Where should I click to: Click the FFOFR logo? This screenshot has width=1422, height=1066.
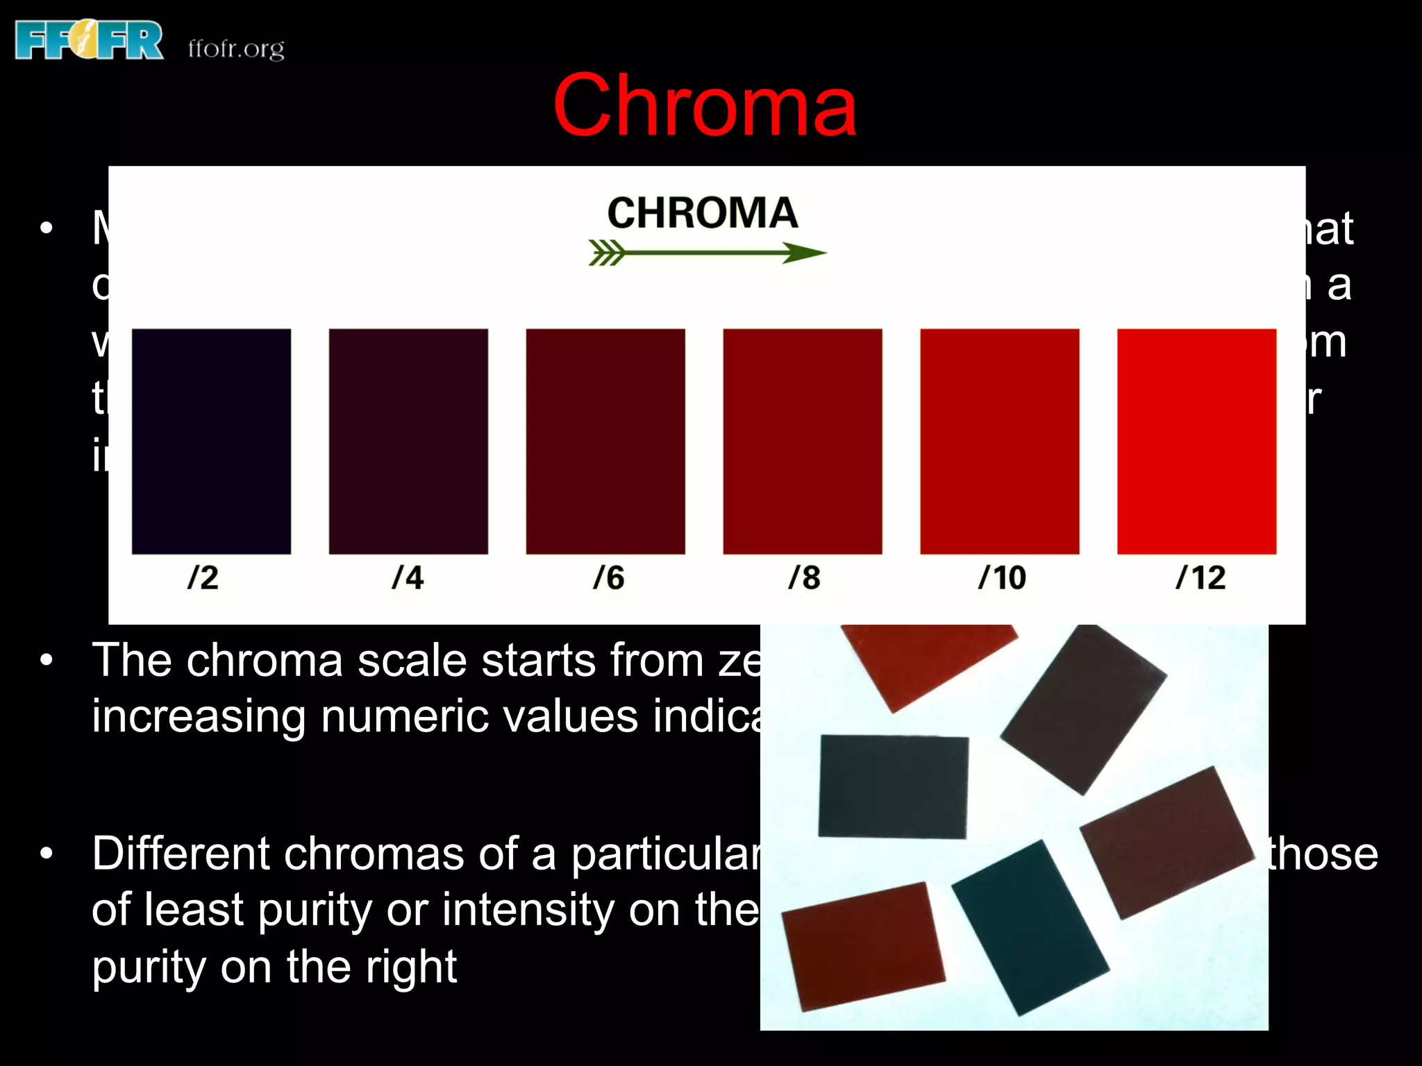click(89, 40)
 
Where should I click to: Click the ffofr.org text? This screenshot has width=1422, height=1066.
click(236, 49)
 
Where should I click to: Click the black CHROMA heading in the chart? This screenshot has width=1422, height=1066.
click(702, 212)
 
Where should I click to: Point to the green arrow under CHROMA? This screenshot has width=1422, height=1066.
click(707, 253)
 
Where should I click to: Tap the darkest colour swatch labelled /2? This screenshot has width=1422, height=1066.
click(211, 441)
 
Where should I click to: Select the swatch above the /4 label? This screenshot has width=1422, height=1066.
click(408, 441)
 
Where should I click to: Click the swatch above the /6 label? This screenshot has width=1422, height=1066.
click(605, 441)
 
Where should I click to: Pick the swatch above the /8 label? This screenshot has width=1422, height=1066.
click(803, 441)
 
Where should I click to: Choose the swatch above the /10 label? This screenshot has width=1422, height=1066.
click(1000, 441)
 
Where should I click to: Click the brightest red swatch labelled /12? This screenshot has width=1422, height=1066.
click(1196, 441)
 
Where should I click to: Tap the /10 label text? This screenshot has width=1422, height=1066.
click(1002, 577)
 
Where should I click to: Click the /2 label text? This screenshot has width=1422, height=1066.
click(203, 577)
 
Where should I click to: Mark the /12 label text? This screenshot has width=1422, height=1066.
click(1201, 577)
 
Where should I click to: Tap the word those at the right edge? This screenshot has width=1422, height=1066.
click(1323, 854)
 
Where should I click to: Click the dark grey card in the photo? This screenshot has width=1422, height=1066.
click(893, 786)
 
